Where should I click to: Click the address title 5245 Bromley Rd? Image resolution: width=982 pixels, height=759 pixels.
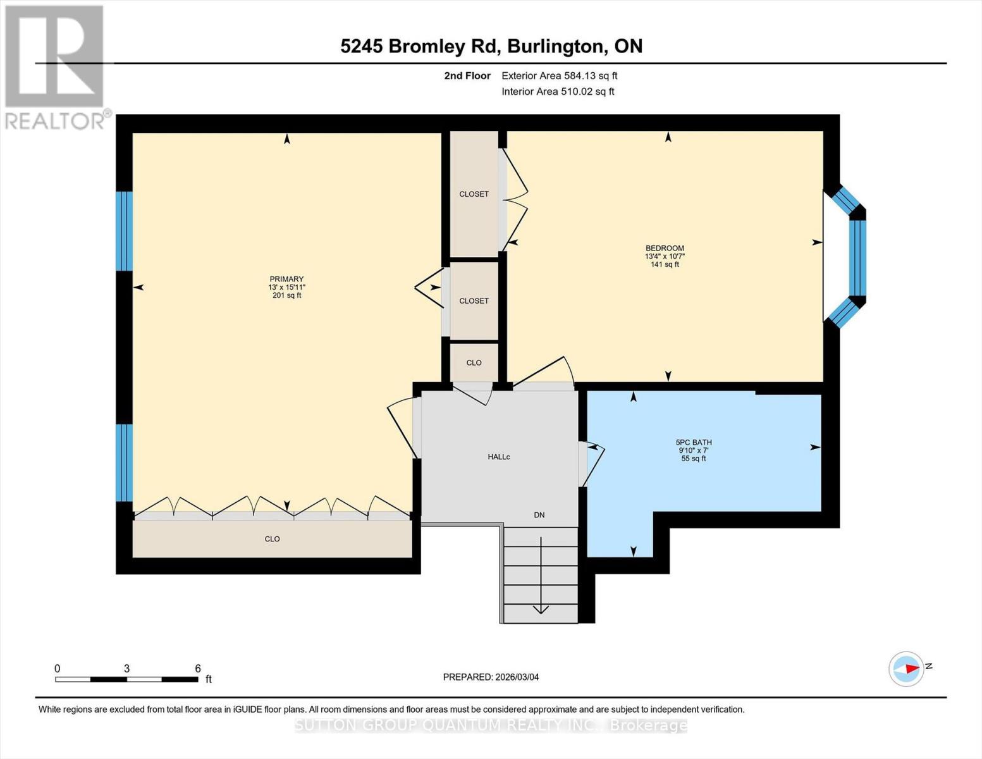click(x=491, y=46)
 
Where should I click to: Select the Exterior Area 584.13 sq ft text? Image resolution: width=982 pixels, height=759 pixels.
click(x=559, y=76)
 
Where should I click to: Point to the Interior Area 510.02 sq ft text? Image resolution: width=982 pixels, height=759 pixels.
click(x=558, y=92)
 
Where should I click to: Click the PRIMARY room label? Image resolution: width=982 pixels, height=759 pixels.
click(x=286, y=279)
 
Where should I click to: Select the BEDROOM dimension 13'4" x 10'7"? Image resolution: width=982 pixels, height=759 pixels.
click(x=665, y=256)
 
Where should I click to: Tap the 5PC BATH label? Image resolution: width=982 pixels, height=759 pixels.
click(x=694, y=443)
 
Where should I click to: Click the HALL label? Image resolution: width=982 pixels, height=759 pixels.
click(x=498, y=457)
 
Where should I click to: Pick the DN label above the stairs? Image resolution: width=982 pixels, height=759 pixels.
click(x=539, y=515)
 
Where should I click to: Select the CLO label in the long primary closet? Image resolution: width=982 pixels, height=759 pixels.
click(x=272, y=539)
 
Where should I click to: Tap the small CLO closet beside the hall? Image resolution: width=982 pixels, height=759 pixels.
click(x=474, y=362)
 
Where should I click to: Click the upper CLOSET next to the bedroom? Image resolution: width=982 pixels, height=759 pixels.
click(x=474, y=194)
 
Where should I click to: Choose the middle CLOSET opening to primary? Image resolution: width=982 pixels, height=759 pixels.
click(x=474, y=301)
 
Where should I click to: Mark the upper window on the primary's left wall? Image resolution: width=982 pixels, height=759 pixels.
click(x=125, y=231)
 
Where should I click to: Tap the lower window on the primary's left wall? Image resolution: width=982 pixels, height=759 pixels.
click(x=125, y=462)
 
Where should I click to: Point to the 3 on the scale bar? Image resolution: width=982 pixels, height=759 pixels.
click(x=127, y=669)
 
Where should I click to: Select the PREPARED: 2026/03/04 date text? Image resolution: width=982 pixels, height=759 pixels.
click(x=491, y=677)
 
